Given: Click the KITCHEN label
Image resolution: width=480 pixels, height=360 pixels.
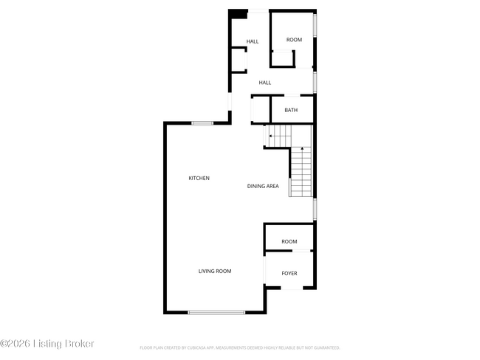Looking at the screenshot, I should pos(199,178).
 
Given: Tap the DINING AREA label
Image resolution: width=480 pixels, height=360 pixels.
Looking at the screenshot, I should pos(263,186).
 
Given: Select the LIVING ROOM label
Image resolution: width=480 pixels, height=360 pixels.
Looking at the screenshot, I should pos(215,271).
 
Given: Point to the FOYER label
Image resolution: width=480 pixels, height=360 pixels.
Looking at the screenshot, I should pos(289,274).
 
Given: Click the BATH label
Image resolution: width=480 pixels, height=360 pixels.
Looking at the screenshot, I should pos(291,110).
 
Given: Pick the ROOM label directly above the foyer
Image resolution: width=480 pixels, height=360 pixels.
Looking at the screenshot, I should pos(289,241).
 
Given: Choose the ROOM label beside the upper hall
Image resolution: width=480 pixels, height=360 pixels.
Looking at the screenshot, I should pos(295,39).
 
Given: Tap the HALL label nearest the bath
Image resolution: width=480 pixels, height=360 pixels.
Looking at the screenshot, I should pos(265,83).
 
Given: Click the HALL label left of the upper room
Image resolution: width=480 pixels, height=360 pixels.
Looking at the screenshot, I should pos(253,41).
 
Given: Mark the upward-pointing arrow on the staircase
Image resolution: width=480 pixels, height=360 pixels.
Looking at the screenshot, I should pos(301,150).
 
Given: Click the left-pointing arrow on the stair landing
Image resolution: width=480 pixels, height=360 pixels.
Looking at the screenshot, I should pos(270,136).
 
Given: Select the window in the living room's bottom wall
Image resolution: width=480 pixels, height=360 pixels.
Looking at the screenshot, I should pos(216,313).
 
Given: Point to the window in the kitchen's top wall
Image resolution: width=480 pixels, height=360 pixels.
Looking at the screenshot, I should pos(202,123).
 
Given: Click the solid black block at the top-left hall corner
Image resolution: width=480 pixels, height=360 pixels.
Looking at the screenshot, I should pos(238,14).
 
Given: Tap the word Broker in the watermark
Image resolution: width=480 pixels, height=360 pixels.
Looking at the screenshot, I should pos(77,344).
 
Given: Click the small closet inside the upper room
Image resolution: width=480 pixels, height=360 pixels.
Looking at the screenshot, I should pos(284,58).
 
